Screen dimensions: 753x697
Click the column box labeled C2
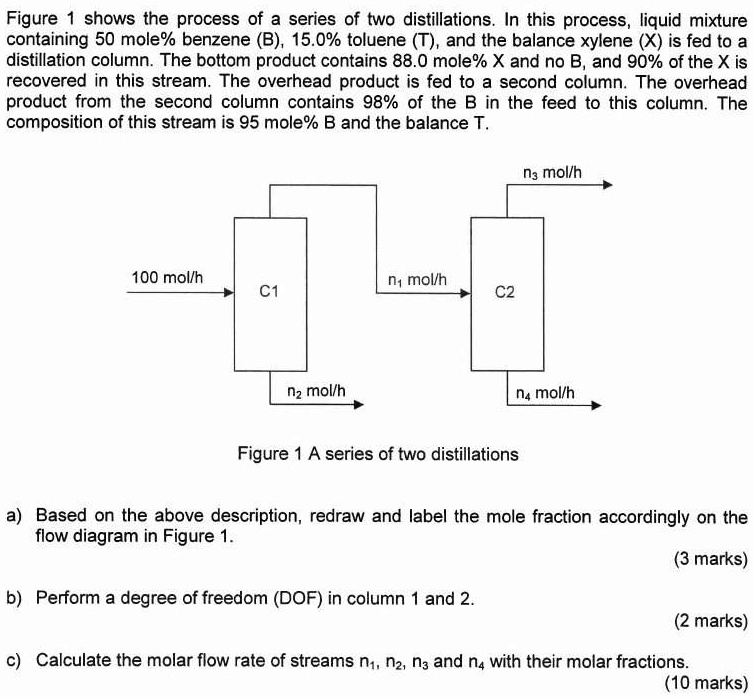(504, 293)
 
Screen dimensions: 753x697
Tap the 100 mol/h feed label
(167, 277)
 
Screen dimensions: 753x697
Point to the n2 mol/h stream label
(316, 389)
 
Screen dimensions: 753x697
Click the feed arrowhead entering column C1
(228, 294)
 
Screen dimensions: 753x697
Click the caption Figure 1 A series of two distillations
(378, 454)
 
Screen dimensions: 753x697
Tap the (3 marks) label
(711, 559)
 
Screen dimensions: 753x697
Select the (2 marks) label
(711, 620)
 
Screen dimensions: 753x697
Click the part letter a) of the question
(14, 517)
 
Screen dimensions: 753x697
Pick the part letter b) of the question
(14, 598)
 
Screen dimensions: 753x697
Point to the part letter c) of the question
(14, 660)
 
